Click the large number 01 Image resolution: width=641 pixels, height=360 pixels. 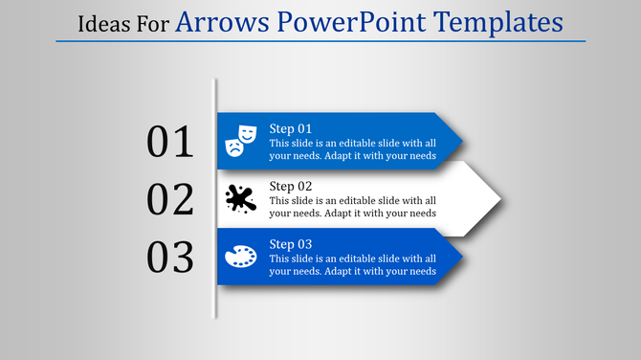(170, 142)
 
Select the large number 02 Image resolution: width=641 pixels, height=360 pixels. (170, 199)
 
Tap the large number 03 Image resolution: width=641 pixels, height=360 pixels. (170, 257)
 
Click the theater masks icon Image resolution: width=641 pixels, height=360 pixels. (240, 140)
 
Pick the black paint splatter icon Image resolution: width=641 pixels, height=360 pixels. (240, 199)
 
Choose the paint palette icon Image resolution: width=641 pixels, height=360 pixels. (240, 257)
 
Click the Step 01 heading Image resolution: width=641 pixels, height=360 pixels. (291, 128)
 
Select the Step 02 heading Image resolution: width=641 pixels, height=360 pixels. (291, 186)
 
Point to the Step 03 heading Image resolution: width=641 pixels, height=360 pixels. (291, 243)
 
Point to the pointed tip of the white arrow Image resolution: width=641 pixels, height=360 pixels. (500, 199)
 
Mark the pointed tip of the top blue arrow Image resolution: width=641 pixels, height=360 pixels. (463, 142)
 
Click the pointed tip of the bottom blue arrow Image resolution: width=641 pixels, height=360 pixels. (463, 257)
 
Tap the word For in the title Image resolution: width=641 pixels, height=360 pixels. (152, 22)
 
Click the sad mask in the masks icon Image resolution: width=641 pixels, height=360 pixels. (232, 146)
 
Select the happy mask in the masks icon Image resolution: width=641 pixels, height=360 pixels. (248, 132)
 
